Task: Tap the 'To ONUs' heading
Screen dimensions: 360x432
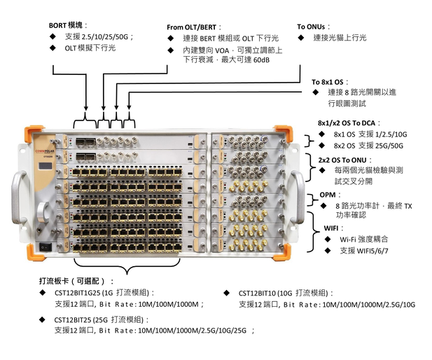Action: tap(313, 27)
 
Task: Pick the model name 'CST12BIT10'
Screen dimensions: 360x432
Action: tap(260, 293)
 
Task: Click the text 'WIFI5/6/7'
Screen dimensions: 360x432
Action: tap(364, 250)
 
